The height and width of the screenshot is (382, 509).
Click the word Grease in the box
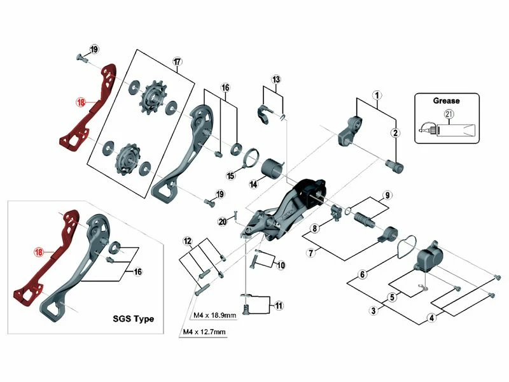coord(447,100)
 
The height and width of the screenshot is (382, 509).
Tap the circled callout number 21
coord(449,115)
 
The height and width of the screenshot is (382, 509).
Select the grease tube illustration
coord(449,130)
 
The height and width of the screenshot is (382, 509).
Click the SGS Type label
coord(132,318)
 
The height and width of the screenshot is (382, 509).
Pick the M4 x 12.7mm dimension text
coord(204,332)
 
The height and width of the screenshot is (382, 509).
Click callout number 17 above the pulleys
coord(177,62)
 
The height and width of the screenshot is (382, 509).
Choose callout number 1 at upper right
coord(377,95)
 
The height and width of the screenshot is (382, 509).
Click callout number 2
coord(395,132)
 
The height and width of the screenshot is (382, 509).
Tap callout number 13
coord(275,80)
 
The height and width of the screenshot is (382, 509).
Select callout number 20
coord(222,222)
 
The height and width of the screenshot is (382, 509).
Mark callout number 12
coord(187,241)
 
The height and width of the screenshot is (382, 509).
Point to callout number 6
coord(362,275)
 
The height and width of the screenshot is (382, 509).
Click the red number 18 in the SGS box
coord(39,253)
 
